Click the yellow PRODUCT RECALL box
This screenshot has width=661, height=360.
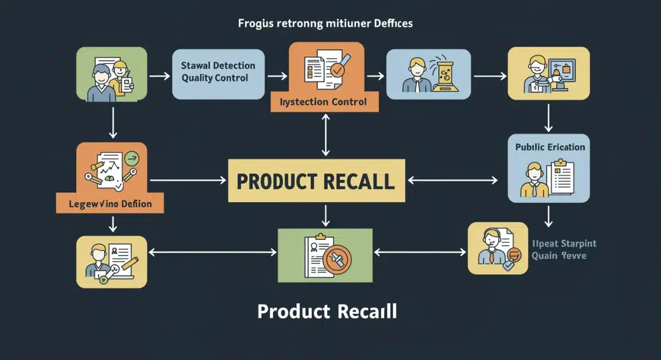point(316,181)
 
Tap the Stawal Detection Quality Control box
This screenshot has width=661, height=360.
point(219,73)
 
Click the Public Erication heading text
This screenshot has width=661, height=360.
point(550,147)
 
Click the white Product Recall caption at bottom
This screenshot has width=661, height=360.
point(327,312)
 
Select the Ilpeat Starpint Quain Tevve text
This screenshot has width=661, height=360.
point(564,250)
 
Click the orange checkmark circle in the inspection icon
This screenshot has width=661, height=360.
point(337,70)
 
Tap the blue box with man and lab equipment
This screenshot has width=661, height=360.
point(429,74)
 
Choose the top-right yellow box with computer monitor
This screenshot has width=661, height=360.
point(548,73)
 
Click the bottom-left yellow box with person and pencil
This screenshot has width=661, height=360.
point(112,261)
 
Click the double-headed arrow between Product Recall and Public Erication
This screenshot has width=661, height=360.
point(453,180)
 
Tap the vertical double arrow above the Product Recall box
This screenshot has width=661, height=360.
point(326,135)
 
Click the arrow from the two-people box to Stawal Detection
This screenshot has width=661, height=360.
point(160,74)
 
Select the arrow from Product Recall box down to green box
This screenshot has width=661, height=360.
point(326,215)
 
